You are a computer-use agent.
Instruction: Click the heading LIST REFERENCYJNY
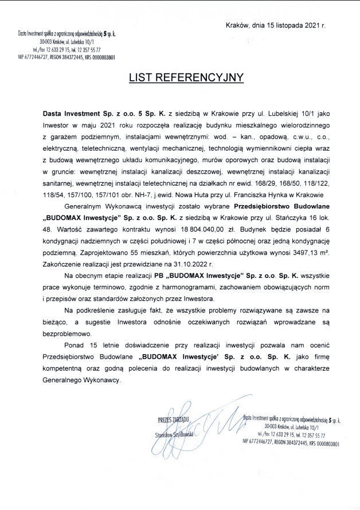[178, 77]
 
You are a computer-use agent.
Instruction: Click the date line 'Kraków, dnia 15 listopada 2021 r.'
[276, 26]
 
